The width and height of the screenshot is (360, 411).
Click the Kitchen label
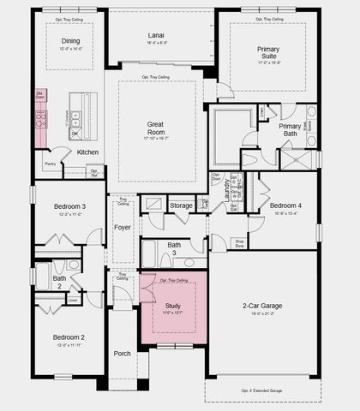pyautogui.click(x=88, y=152)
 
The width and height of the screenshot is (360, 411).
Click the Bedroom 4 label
pyautogui.click(x=285, y=205)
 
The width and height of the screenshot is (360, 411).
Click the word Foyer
pyautogui.click(x=123, y=228)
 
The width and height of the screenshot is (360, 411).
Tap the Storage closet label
pyautogui.click(x=181, y=205)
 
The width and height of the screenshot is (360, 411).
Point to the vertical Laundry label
pyautogui.click(x=227, y=189)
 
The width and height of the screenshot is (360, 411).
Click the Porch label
pyautogui.click(x=123, y=354)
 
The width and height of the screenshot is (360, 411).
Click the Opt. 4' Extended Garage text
pyautogui.click(x=263, y=390)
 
